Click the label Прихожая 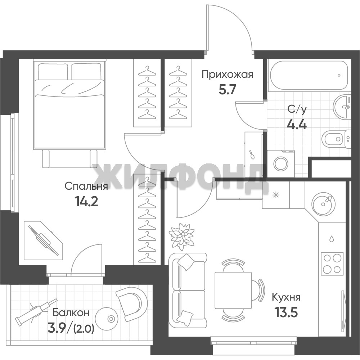pyautogui.click(x=227, y=75)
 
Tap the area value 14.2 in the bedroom pyautogui.click(x=86, y=202)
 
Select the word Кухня pyautogui.click(x=286, y=298)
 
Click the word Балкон pyautogui.click(x=71, y=312)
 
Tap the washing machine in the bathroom pyautogui.click(x=281, y=163)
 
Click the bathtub pyautogui.click(x=309, y=75)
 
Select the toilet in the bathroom pyautogui.click(x=337, y=139)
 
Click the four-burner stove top pyautogui.click(x=332, y=263)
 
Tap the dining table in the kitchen pyautogui.click(x=233, y=291)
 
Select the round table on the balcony pyautogui.click(x=111, y=319)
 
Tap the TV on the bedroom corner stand pyautogui.click(x=44, y=240)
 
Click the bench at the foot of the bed pyautogui.click(x=69, y=159)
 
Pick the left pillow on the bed pyautogui.click(x=53, y=71)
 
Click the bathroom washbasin pyautogui.click(x=342, y=107)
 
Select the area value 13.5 pyautogui.click(x=286, y=312)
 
